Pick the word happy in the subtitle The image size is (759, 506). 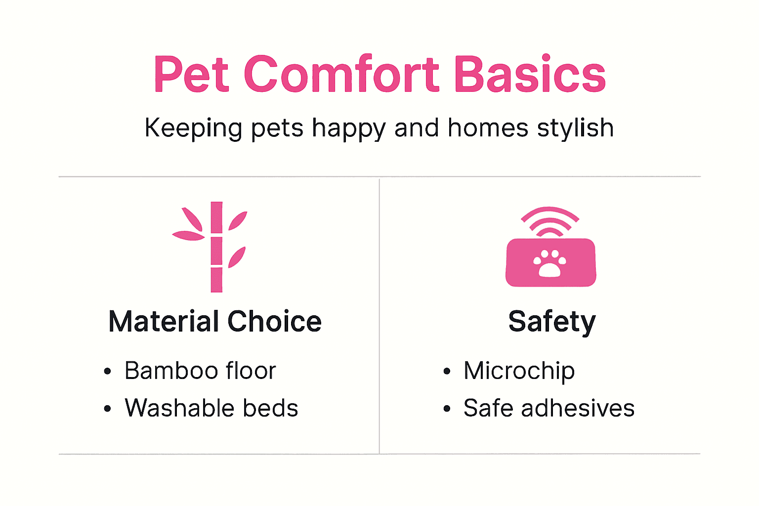[348, 128]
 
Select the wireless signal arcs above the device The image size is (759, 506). [549, 220]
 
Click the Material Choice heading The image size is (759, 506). [215, 322]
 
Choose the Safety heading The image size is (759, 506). [552, 322]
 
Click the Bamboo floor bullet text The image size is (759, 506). [200, 371]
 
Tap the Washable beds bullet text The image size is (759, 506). [211, 408]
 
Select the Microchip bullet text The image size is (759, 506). [519, 371]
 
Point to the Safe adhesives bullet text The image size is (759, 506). [548, 408]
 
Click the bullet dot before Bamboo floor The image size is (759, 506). [108, 372]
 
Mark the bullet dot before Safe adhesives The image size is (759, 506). [447, 409]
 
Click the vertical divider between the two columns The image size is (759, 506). [379, 316]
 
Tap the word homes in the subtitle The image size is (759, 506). [488, 128]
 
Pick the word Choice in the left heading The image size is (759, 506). [274, 322]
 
